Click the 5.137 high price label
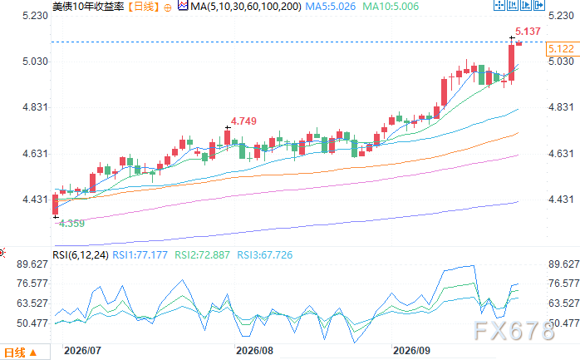(x=528, y=32)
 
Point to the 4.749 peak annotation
(x=243, y=121)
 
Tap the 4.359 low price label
(x=71, y=223)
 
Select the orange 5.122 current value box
(x=563, y=49)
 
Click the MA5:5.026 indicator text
(x=331, y=7)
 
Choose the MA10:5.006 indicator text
(x=391, y=7)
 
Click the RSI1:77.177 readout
(x=140, y=255)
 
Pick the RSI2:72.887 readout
(x=202, y=255)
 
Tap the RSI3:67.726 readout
(x=265, y=255)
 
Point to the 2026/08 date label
(x=254, y=350)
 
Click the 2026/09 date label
(x=411, y=350)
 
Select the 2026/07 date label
(x=82, y=350)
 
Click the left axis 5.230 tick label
(x=36, y=16)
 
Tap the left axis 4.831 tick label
(x=36, y=107)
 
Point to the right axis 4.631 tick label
(x=561, y=153)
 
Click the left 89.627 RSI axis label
(x=32, y=264)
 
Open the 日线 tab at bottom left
(x=20, y=353)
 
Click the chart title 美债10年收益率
(x=88, y=7)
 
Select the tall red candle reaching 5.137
(x=512, y=62)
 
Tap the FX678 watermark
(x=514, y=330)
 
